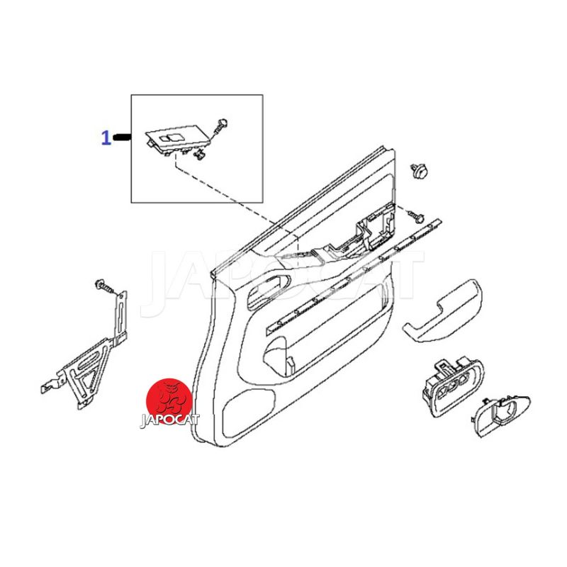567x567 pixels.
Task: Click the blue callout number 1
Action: pos(106,137)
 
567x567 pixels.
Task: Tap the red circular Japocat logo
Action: pos(169,401)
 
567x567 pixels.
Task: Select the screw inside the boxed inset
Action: pos(220,126)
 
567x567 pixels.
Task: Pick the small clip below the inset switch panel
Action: pos(198,155)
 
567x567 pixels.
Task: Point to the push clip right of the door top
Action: pos(418,170)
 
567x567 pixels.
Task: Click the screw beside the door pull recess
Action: pos(416,216)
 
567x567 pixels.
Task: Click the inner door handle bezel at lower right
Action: pos(501,415)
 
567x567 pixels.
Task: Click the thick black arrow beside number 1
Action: pos(122,137)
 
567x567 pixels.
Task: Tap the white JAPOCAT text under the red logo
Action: pos(169,420)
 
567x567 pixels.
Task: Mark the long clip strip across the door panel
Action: pos(354,276)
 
